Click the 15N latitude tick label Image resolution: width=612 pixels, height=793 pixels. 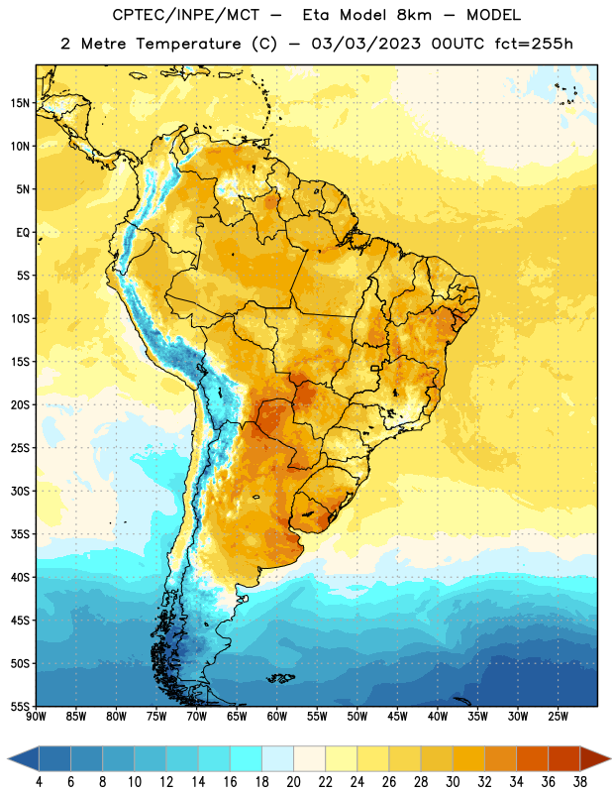(20, 103)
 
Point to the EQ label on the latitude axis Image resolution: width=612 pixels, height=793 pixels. (23, 233)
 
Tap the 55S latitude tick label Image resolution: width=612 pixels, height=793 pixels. (20, 706)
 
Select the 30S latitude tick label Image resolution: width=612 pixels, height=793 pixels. (20, 491)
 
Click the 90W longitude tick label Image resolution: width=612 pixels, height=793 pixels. (36, 717)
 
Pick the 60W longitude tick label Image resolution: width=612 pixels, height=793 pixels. (277, 717)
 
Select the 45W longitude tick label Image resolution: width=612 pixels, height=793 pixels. (397, 717)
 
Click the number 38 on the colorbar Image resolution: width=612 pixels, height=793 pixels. (580, 782)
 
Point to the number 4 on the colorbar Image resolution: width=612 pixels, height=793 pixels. (39, 782)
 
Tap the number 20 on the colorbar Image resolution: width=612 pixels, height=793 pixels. (293, 782)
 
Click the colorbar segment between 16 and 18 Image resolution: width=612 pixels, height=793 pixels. (247, 759)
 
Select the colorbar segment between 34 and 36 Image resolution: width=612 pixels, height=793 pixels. (533, 759)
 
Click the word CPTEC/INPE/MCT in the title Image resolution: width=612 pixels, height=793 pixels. (186, 15)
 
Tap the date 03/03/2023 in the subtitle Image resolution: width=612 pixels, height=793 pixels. (365, 44)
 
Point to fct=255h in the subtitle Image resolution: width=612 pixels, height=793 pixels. (534, 44)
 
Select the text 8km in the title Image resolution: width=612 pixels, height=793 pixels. (414, 15)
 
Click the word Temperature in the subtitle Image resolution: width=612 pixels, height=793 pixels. (188, 44)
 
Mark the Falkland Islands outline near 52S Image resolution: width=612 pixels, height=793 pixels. (281, 678)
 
